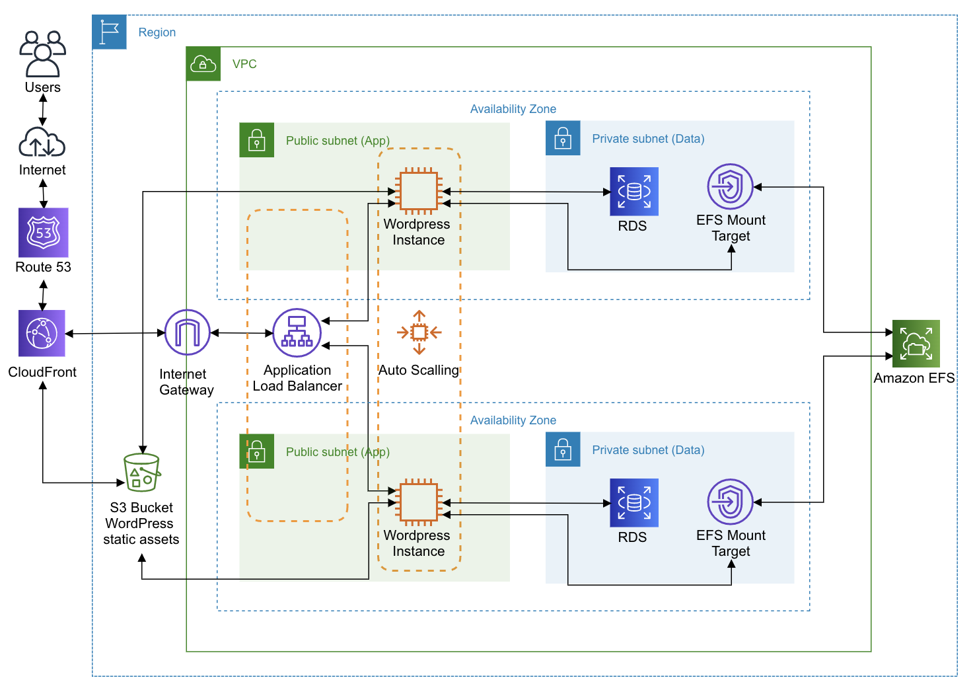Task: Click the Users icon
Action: (x=43, y=54)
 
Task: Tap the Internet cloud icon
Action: (x=42, y=142)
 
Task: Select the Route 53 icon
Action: (x=43, y=232)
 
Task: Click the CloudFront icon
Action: (x=42, y=333)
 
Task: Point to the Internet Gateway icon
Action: (x=187, y=332)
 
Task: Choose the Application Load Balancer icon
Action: (x=297, y=332)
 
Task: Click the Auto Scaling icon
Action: (x=419, y=332)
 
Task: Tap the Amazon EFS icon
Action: (x=916, y=344)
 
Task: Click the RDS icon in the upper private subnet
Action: (x=633, y=191)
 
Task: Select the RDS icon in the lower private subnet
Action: (x=633, y=503)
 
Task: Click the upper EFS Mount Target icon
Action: (x=730, y=186)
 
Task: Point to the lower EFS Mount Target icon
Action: (x=730, y=502)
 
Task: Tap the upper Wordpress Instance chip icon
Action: (x=419, y=191)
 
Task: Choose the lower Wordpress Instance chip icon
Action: (x=419, y=502)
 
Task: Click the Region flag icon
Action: (x=109, y=32)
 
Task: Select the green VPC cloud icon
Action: (x=203, y=63)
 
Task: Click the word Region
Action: (x=157, y=32)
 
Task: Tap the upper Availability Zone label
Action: (x=513, y=109)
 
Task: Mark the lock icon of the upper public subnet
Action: (x=257, y=140)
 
